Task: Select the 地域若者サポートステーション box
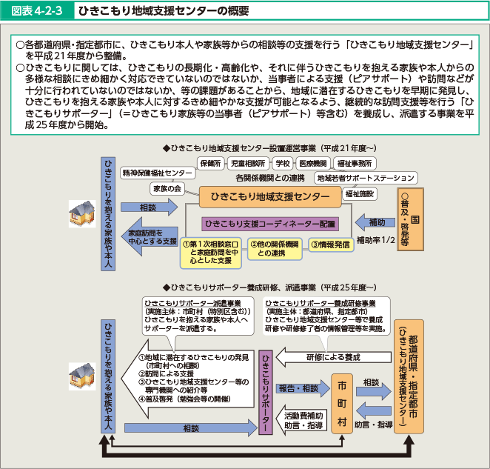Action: pyautogui.click(x=366, y=178)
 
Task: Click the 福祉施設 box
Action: pyautogui.click(x=360, y=193)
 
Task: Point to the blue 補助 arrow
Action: pyautogui.click(x=373, y=222)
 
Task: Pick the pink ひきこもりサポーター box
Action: pyautogui.click(x=266, y=385)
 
